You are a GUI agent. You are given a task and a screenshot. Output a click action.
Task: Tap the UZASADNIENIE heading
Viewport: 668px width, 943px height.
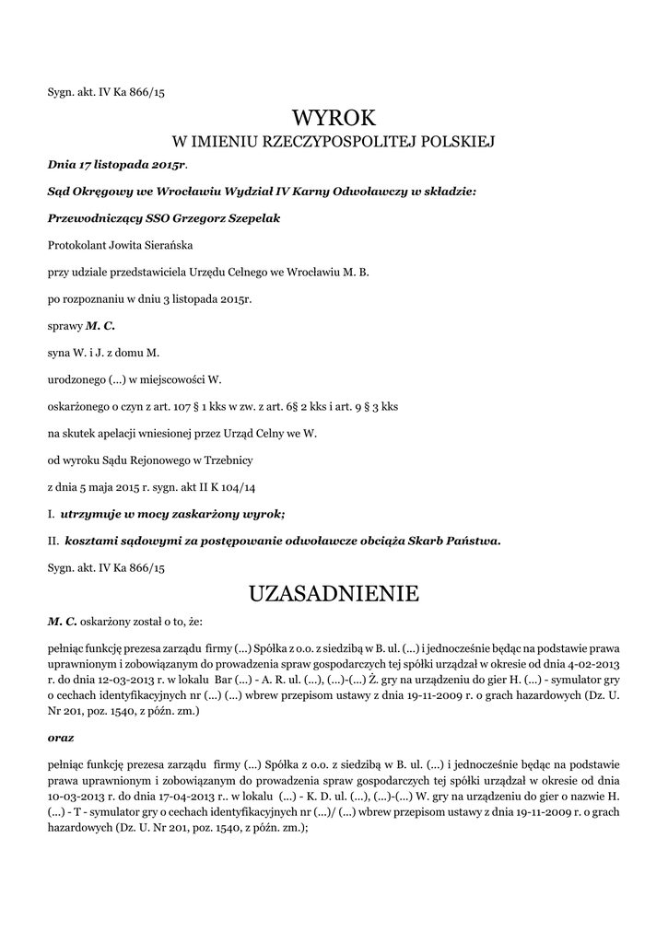tap(334, 594)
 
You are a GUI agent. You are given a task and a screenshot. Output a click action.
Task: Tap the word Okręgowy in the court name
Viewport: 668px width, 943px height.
tap(102, 192)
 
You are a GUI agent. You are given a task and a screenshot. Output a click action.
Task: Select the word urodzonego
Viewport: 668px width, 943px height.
tap(76, 378)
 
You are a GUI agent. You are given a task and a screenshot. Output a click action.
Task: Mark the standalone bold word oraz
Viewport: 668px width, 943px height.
tap(61, 738)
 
